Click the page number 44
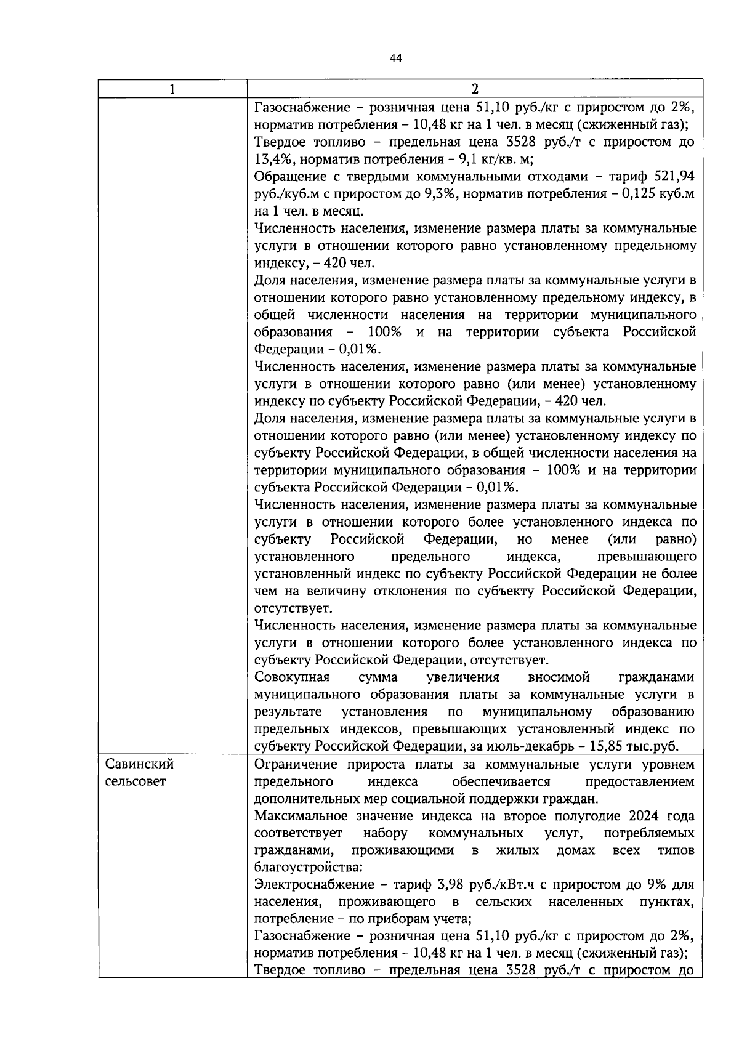pos(395,58)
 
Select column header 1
pos(172,89)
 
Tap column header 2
pos(474,89)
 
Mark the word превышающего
pos(647,557)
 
